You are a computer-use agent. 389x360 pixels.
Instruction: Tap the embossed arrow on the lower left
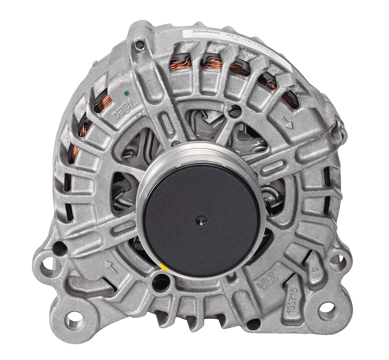(111, 267)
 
